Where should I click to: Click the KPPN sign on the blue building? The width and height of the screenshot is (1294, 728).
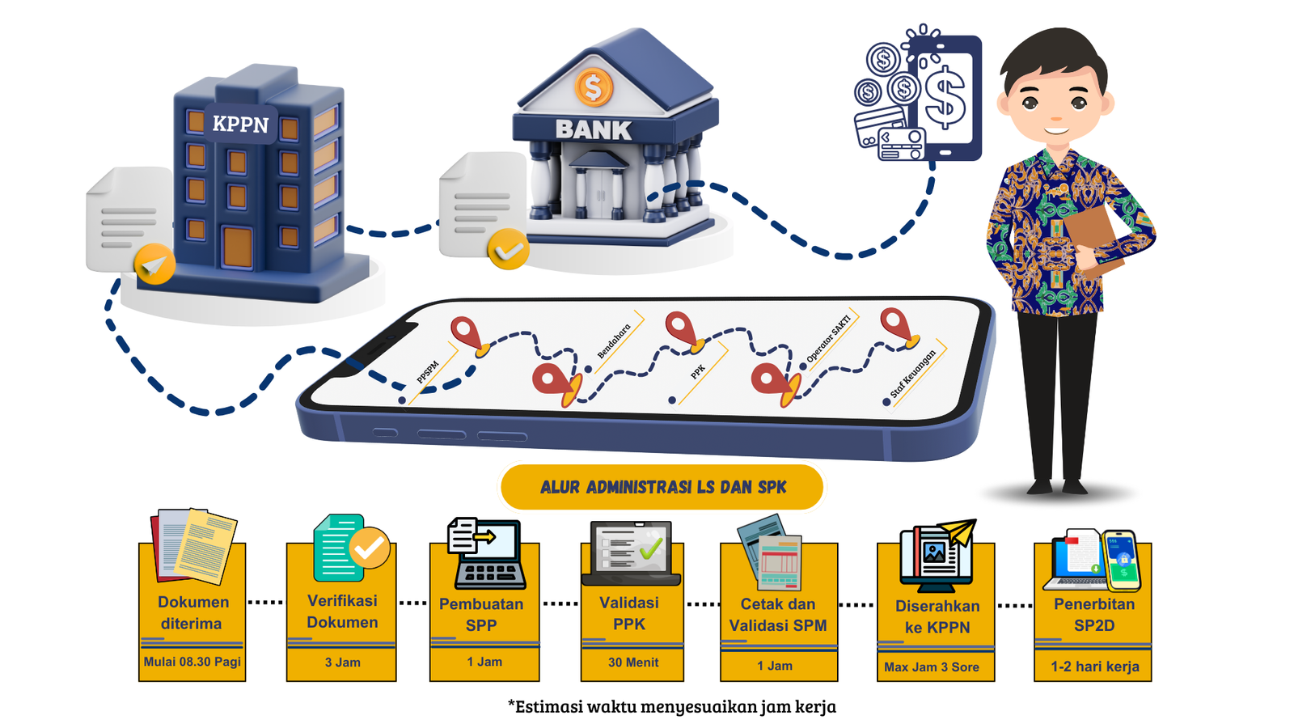(x=240, y=125)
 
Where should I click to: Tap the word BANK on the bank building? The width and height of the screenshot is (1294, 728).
(x=593, y=130)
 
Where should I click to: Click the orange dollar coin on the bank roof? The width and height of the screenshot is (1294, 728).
(x=594, y=87)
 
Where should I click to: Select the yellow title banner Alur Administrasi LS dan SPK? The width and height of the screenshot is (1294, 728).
(x=662, y=487)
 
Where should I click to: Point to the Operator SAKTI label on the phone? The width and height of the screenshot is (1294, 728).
(x=829, y=339)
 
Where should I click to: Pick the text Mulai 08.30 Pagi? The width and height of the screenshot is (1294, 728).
(x=192, y=662)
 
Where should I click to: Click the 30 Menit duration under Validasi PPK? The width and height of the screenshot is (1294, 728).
(x=633, y=662)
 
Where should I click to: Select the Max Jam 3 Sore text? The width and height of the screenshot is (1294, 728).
(x=932, y=667)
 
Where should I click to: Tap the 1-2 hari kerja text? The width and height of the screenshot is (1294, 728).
(x=1094, y=667)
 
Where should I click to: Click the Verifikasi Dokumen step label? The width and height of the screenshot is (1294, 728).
(x=342, y=612)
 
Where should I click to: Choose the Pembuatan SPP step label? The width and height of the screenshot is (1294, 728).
(x=481, y=615)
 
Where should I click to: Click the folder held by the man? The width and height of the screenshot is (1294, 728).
(x=1091, y=235)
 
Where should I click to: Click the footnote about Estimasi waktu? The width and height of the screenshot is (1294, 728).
(x=671, y=707)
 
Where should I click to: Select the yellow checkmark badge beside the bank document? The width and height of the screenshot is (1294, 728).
(x=508, y=250)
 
